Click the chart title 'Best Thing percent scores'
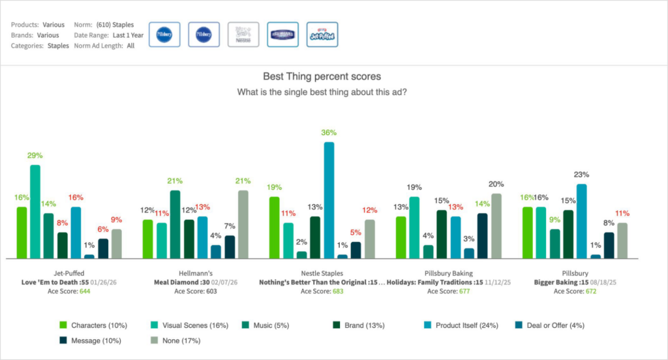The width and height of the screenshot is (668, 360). pyautogui.click(x=322, y=76)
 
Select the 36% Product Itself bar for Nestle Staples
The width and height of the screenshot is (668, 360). pyautogui.click(x=329, y=200)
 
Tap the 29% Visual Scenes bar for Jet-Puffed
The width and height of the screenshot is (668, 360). pyautogui.click(x=35, y=211)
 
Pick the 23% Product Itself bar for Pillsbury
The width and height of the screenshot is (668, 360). pyautogui.click(x=582, y=221)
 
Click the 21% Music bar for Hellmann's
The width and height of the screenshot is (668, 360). pyautogui.click(x=175, y=224)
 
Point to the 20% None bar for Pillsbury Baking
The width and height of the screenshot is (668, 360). pyautogui.click(x=496, y=226)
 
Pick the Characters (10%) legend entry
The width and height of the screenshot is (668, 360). pyautogui.click(x=93, y=325)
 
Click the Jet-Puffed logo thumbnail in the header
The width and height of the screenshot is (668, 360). pyautogui.click(x=322, y=35)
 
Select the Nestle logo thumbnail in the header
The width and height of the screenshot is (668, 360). pyautogui.click(x=243, y=35)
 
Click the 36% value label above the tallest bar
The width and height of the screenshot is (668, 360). pyautogui.click(x=329, y=133)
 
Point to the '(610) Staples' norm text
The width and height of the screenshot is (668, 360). pyautogui.click(x=115, y=25)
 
